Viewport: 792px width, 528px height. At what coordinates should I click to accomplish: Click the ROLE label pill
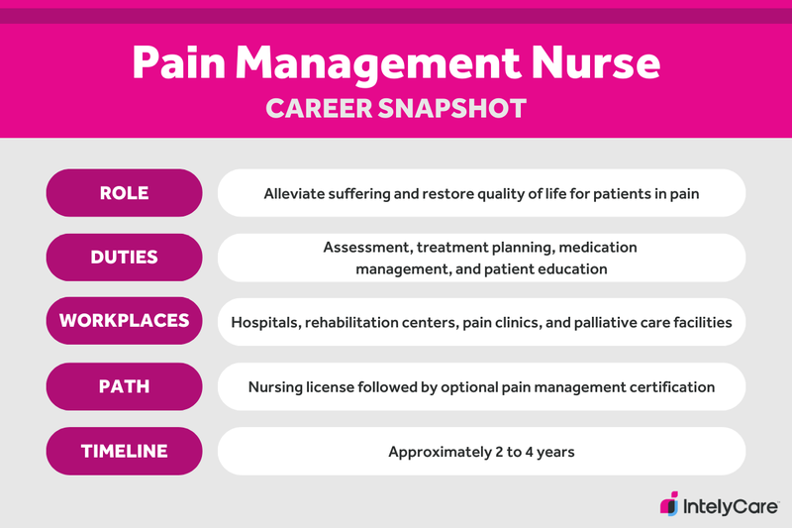pyautogui.click(x=124, y=193)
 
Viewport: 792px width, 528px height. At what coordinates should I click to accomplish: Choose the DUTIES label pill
pyautogui.click(x=124, y=258)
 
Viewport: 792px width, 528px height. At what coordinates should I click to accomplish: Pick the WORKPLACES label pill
pyautogui.click(x=124, y=322)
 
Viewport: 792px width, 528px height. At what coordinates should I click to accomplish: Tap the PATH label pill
pyautogui.click(x=124, y=386)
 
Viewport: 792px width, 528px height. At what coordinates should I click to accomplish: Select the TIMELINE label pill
pyautogui.click(x=124, y=451)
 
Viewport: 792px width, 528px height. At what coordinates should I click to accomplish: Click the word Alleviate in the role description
pyautogui.click(x=298, y=193)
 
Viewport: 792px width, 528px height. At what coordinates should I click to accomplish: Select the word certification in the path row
pyautogui.click(x=666, y=387)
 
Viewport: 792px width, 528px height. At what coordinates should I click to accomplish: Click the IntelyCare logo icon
pyautogui.click(x=670, y=502)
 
